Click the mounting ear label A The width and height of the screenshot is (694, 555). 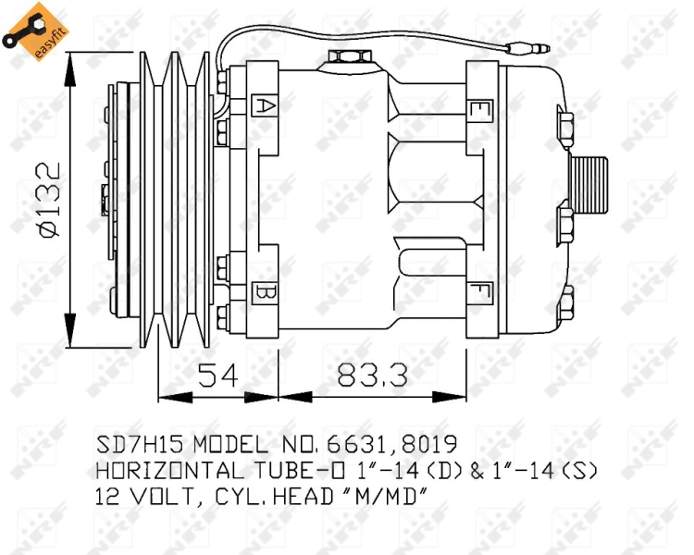263,105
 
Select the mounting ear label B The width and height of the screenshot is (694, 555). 263,293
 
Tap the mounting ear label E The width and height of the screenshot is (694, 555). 480,110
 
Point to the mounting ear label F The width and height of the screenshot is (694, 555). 480,293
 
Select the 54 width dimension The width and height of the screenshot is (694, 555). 218,376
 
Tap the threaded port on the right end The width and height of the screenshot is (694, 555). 589,184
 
